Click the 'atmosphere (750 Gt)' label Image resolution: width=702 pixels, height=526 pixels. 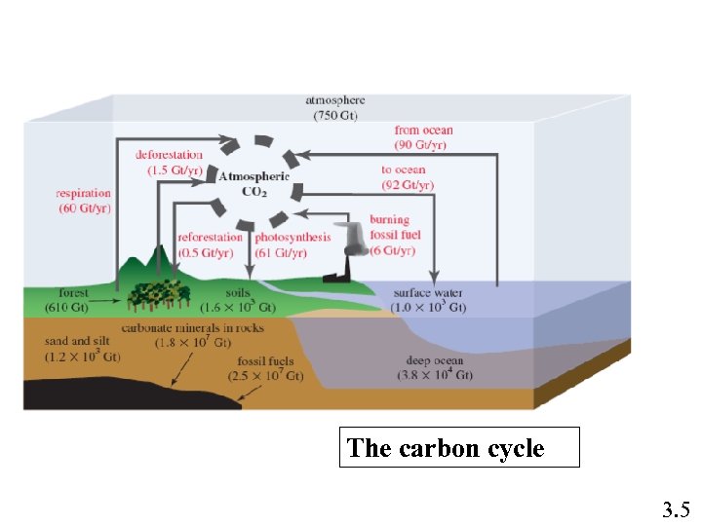[334, 107]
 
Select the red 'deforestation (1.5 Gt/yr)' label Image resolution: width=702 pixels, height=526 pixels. [170, 162]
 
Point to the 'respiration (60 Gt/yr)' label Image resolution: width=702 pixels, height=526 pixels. [83, 201]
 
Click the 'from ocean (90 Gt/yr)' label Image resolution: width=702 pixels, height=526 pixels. [423, 137]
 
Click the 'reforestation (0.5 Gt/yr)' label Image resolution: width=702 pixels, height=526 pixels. [210, 244]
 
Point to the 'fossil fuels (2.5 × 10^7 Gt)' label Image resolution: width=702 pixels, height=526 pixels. [266, 368]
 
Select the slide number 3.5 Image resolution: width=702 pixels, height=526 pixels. [676, 508]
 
